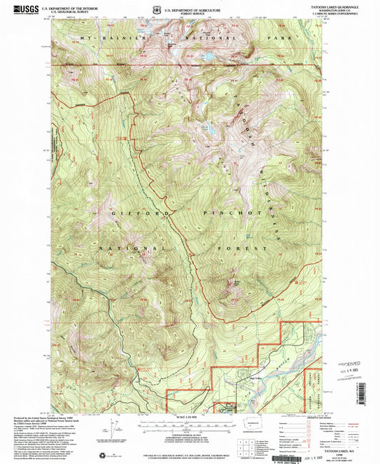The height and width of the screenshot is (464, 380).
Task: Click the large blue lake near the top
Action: [x=207, y=56]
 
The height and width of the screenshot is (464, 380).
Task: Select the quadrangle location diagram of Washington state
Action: [x=254, y=425]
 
